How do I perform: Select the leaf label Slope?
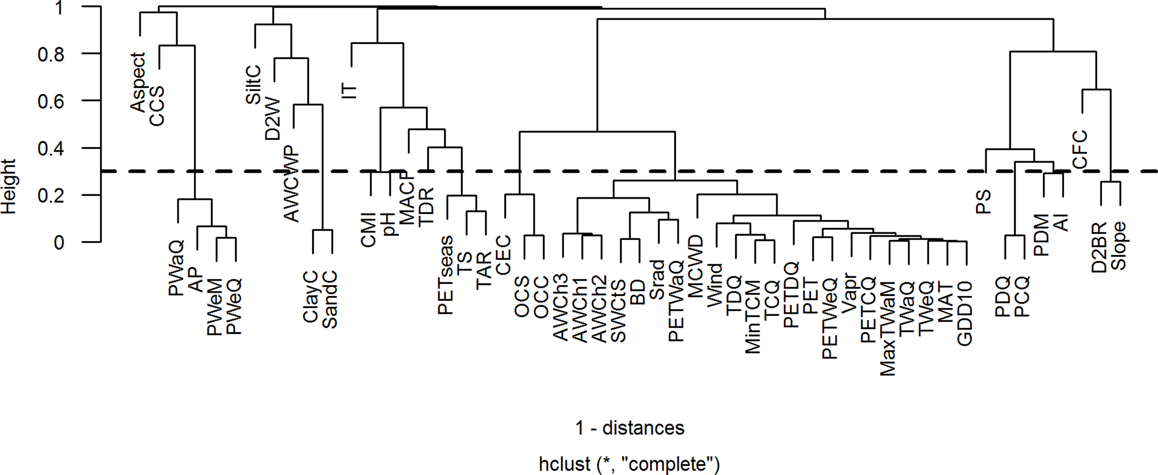pos(1118,246)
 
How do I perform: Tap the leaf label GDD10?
pos(965,313)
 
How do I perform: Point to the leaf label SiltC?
pos(254,85)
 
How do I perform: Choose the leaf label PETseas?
pos(446,275)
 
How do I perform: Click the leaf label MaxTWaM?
pos(887,328)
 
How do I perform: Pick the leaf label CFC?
pos(1080,149)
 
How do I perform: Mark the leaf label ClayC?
pos(311,297)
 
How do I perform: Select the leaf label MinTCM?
pos(753,317)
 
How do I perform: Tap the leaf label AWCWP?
pos(292,183)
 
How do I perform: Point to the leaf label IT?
pos(350,91)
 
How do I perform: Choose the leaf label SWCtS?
pos(618,311)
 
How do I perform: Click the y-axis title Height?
pos(9,186)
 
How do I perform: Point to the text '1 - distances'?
pos(630,428)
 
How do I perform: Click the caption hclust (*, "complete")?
pos(630,464)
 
